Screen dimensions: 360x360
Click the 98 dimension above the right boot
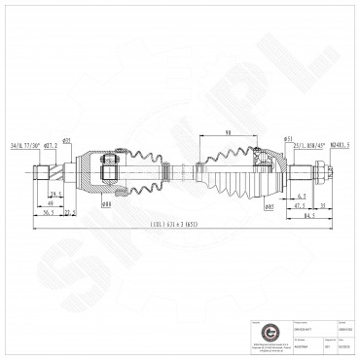click(x=226, y=133)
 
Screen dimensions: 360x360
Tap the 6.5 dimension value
click(x=275, y=195)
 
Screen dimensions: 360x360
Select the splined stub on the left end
click(x=42, y=173)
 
